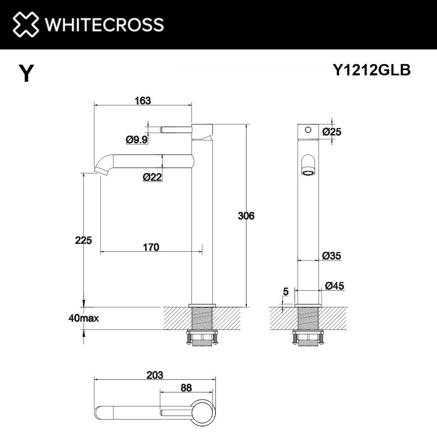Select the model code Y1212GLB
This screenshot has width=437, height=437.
(371, 70)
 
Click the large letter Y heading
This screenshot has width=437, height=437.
(26, 73)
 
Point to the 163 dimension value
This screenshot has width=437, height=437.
(142, 101)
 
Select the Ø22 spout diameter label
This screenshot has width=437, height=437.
(153, 177)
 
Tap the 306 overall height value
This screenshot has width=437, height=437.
(246, 215)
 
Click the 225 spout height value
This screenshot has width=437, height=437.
(83, 240)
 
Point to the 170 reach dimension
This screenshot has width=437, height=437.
(150, 247)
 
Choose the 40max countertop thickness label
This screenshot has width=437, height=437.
(83, 318)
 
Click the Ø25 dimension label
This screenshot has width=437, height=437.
(332, 131)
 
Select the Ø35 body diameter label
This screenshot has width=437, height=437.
(332, 256)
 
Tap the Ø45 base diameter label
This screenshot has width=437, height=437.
(335, 286)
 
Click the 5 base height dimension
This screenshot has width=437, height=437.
(285, 291)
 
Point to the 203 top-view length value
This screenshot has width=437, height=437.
(155, 375)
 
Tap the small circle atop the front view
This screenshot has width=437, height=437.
(308, 130)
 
